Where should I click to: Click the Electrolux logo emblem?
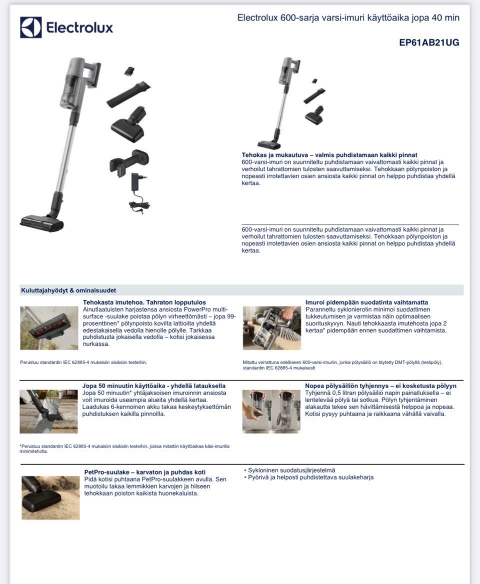tap(31, 27)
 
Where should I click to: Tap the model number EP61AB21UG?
tap(429, 42)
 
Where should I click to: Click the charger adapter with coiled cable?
tap(138, 193)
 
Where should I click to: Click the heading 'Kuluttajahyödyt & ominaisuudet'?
tap(68, 291)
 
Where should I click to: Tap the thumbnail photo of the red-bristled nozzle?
tap(49, 328)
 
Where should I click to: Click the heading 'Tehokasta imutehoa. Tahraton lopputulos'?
tap(144, 302)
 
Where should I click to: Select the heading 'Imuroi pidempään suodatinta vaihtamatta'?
tap(366, 302)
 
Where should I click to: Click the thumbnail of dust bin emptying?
tap(271, 412)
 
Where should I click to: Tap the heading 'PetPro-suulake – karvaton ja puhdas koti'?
tap(144, 472)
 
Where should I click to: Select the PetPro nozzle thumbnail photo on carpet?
tap(50, 498)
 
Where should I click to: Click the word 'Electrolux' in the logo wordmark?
tap(80, 27)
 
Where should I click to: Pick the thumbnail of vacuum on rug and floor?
tap(49, 412)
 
